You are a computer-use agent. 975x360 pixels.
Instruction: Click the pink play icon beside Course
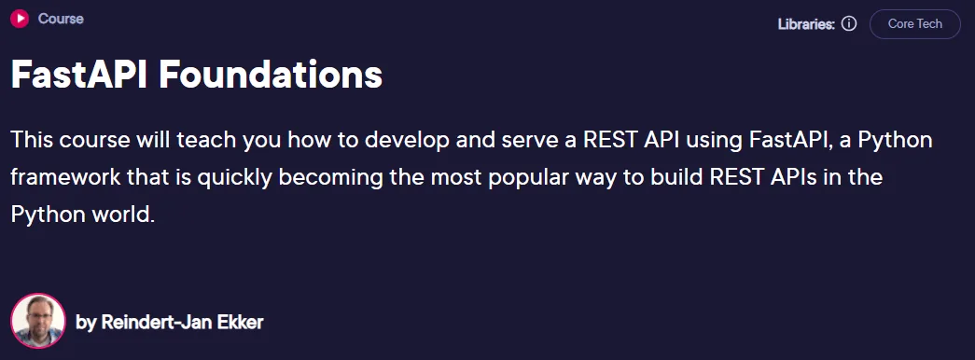pyautogui.click(x=20, y=20)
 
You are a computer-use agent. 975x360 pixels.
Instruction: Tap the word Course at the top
pyautogui.click(x=61, y=20)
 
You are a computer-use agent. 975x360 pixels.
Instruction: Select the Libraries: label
pyautogui.click(x=806, y=25)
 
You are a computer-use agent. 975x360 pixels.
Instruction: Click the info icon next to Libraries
pyautogui.click(x=849, y=24)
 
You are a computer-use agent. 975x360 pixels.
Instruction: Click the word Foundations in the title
pyautogui.click(x=270, y=76)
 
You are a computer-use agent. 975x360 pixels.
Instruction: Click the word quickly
pyautogui.click(x=234, y=179)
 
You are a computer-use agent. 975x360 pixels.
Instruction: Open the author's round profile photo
pyautogui.click(x=38, y=321)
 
